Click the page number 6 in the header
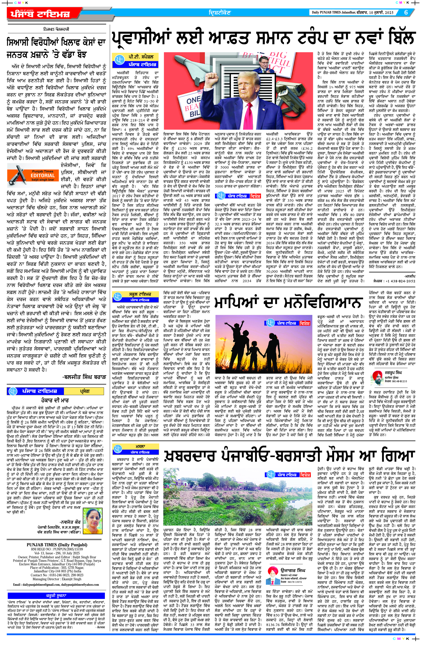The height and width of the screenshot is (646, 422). click(x=406, y=12)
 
